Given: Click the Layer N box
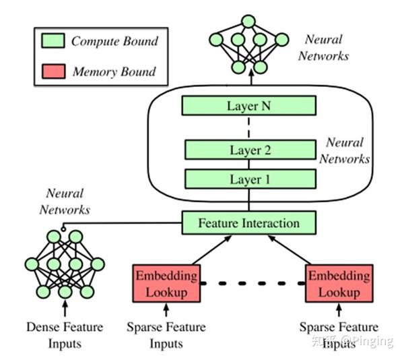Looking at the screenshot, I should pyautogui.click(x=249, y=105).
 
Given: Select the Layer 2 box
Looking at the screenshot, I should pyautogui.click(x=249, y=150).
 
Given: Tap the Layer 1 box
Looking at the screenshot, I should pyautogui.click(x=249, y=179).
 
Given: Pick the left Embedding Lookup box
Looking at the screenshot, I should pyautogui.click(x=167, y=284).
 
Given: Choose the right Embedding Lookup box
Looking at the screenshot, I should pyautogui.click(x=339, y=284).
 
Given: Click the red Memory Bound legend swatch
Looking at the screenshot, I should pyautogui.click(x=53, y=71).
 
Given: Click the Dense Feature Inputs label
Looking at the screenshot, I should pyautogui.click(x=65, y=335).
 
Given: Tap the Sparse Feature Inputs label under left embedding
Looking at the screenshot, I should pyautogui.click(x=166, y=335).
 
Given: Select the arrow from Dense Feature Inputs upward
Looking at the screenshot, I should pyautogui.click(x=65, y=311).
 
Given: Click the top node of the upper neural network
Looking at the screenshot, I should pyautogui.click(x=249, y=20).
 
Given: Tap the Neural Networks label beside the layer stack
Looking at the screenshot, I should pyautogui.click(x=344, y=150).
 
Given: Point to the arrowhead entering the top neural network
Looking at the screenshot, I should pyautogui.click(x=249, y=78).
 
